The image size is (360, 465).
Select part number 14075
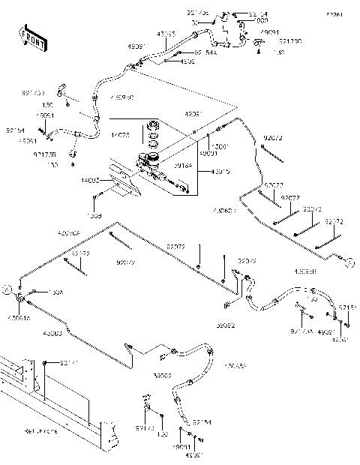[121, 134]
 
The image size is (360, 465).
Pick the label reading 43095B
[304, 271]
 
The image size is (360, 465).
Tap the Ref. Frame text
[40, 431]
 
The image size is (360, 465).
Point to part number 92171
[68, 363]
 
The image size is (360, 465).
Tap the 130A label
[56, 292]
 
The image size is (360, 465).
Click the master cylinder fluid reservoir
[150, 159]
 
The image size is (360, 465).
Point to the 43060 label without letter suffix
[53, 333]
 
